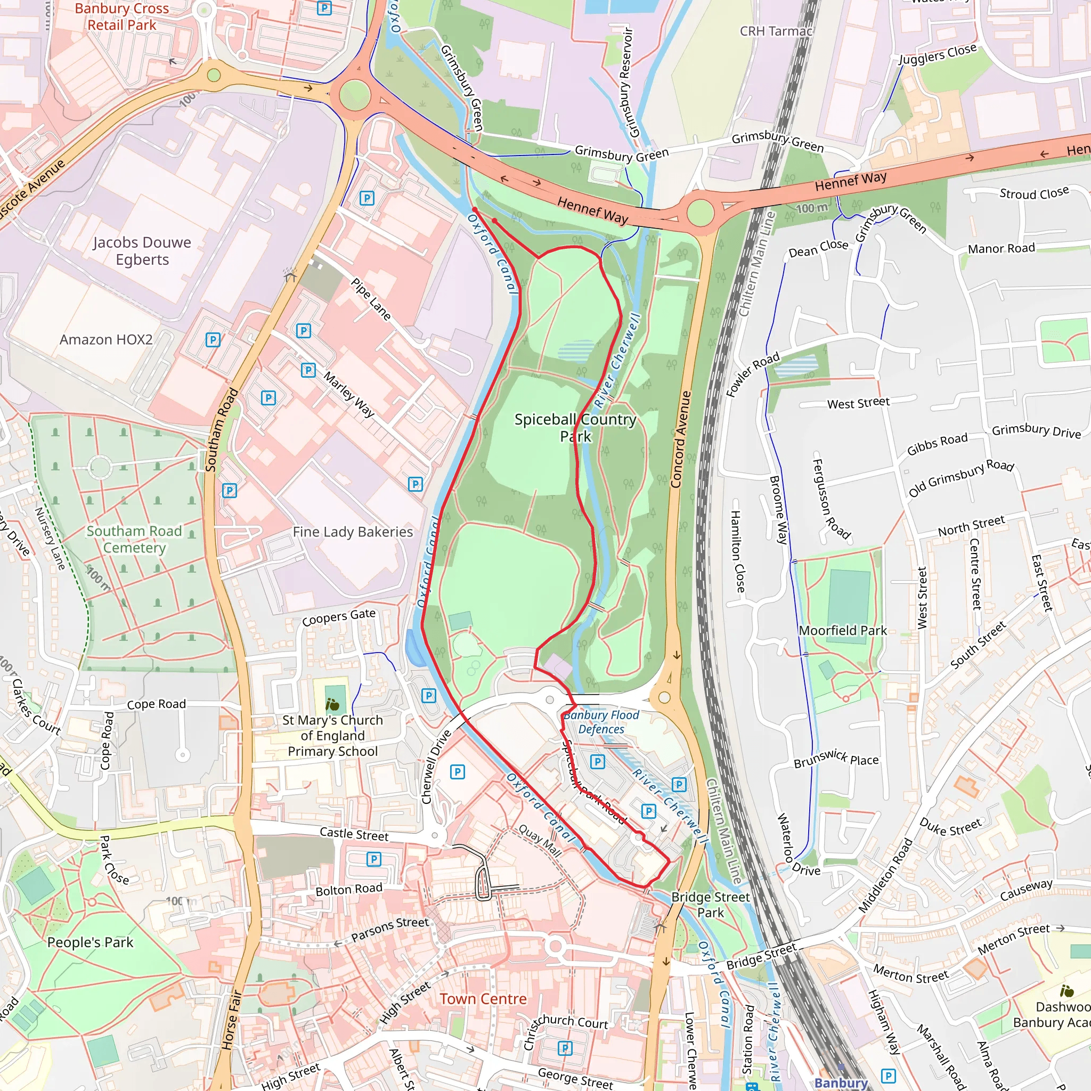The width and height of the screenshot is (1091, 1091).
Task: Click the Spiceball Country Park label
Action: point(575,427)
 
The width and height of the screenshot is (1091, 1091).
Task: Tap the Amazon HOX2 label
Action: point(106,339)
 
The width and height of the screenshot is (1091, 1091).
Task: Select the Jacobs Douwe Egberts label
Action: point(142,251)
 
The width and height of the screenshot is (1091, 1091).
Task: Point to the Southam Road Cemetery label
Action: point(134,539)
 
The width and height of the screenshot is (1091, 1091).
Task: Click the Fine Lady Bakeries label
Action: point(353,532)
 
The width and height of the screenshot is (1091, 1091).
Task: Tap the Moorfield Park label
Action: point(843,630)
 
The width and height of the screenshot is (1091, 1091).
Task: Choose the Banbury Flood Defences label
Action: point(601,722)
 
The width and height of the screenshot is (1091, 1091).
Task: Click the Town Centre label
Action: point(483,999)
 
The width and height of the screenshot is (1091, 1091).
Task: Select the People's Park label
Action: point(91,942)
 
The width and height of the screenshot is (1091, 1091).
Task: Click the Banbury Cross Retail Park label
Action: point(121,17)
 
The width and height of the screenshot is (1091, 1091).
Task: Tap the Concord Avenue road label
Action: point(681,439)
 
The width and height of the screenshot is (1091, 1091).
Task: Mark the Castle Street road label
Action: point(354,834)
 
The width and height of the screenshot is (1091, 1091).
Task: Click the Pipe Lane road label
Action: point(371,299)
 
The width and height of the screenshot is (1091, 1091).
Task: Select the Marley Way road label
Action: point(349,394)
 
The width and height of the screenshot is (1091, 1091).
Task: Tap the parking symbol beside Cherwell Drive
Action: point(458,771)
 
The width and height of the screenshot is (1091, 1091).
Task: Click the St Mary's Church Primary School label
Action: point(332,736)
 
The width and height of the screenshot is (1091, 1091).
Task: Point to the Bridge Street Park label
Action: point(711,905)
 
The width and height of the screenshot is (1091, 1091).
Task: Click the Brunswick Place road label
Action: point(836,759)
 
